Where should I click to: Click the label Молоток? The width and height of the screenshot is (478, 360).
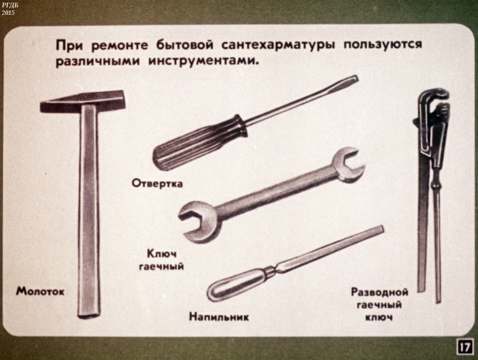pos(40,291)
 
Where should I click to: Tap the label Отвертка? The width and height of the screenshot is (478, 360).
pos(157,183)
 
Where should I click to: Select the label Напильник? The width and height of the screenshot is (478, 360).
pos(219,317)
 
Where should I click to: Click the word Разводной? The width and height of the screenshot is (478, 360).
pos(379,292)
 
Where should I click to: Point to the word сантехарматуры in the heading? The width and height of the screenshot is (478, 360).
pos(277,45)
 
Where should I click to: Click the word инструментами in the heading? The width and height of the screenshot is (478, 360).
pos(204,61)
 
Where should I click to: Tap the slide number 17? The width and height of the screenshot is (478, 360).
pos(465,347)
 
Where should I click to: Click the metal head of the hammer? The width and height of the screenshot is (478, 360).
pos(83,102)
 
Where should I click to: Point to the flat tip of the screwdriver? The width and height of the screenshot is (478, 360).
pos(351,79)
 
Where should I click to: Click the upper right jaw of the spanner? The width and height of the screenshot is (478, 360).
pos(348,164)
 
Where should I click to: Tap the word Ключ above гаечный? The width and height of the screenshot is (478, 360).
pos(161,253)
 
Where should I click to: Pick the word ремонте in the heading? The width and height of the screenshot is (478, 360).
pos(119,46)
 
